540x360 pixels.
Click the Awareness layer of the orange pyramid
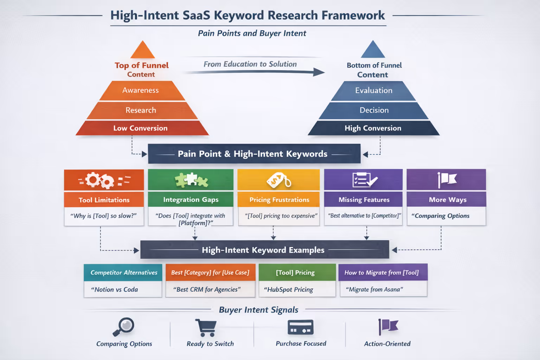coord(141,90)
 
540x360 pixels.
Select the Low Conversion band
coord(141,128)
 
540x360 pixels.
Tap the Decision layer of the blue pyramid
coord(374,110)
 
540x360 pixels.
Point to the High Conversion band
coord(373,128)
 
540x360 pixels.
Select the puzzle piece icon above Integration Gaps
coord(191,180)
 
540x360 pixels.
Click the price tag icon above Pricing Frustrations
coord(279,180)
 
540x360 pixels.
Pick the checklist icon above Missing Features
coord(364,180)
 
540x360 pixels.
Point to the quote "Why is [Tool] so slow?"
coord(104,216)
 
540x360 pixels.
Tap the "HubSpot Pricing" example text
coord(289,290)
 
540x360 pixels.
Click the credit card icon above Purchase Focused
coord(300,328)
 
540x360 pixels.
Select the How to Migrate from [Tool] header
coord(382,272)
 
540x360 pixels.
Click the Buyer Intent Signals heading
coord(258,310)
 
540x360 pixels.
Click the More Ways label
coord(447,200)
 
